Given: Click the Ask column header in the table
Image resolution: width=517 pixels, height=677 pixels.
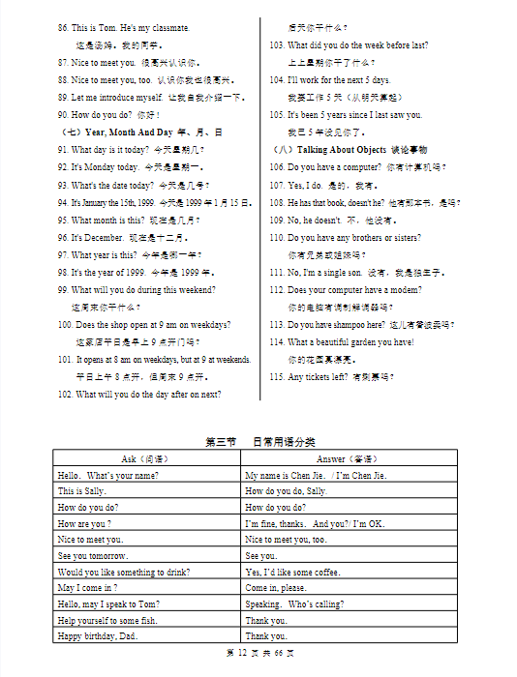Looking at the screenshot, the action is point(146,458).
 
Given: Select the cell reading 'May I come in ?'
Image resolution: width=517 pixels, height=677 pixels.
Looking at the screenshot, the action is point(87,588).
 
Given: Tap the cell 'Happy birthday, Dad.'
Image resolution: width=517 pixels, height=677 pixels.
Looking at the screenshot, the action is point(97,636).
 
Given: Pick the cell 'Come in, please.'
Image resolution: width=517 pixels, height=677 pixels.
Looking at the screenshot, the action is point(276,588).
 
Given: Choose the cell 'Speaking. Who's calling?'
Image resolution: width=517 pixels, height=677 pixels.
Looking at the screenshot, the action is point(294,604).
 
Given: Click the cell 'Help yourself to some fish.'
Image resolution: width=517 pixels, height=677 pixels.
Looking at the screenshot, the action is point(107,620).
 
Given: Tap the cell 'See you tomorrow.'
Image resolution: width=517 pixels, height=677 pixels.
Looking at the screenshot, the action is point(93,556).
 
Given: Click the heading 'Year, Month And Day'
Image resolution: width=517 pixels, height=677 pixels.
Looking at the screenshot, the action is point(129,132).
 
